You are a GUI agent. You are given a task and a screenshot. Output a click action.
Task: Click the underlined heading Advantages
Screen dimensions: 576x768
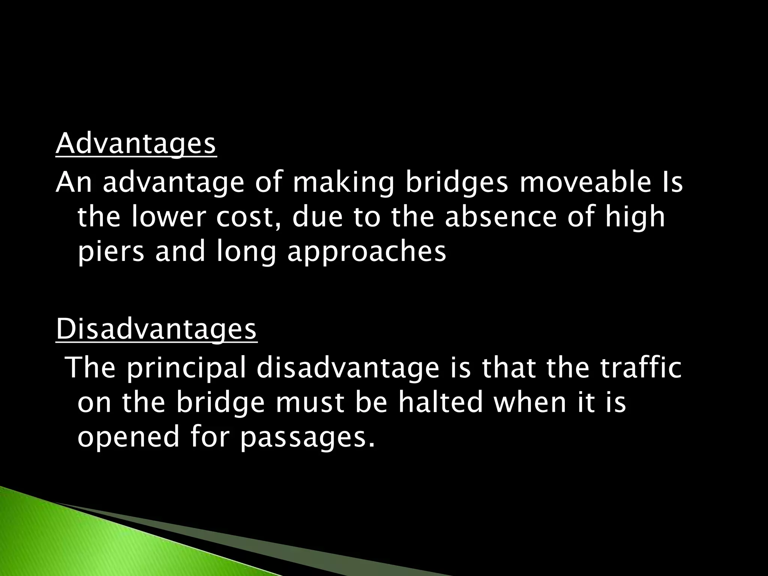click(x=136, y=145)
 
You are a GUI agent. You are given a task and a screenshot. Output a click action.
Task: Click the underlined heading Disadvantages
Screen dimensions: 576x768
click(x=156, y=329)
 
